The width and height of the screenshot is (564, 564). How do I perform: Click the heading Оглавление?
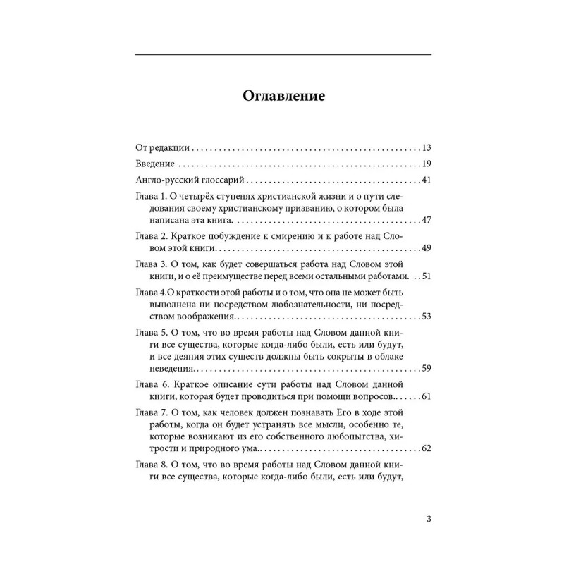[x=283, y=96]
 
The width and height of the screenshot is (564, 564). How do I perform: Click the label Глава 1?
[x=149, y=197]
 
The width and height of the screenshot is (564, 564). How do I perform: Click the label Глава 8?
[x=149, y=465]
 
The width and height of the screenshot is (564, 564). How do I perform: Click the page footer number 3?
[x=429, y=520]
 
